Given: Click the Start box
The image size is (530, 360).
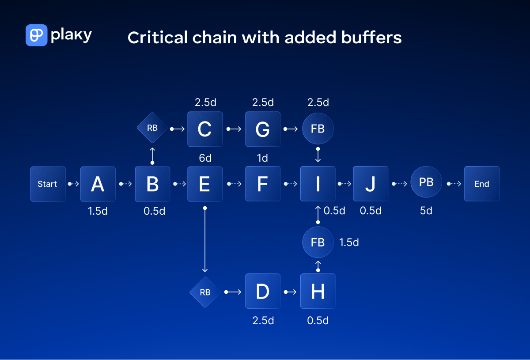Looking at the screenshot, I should (x=48, y=184).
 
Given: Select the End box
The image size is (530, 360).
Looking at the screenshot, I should (x=481, y=184).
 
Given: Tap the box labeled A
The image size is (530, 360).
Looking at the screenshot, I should (x=98, y=184).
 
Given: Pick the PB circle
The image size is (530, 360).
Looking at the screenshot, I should (x=426, y=182).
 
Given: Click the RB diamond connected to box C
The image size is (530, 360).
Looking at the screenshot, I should (x=152, y=129).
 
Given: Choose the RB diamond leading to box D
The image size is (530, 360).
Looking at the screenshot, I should (x=205, y=292).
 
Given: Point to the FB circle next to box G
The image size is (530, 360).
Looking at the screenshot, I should (x=318, y=129).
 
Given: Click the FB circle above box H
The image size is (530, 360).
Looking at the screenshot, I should (x=318, y=242).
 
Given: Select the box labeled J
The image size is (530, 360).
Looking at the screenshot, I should (x=371, y=184).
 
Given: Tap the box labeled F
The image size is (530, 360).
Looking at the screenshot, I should (x=262, y=184).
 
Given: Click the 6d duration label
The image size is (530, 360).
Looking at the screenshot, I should (x=205, y=158).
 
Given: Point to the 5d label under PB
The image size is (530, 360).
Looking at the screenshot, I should (x=426, y=211).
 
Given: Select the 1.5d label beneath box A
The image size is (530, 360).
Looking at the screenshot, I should (x=98, y=211).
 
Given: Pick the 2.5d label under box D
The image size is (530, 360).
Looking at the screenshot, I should (x=263, y=320).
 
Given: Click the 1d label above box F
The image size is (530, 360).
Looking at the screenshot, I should (x=262, y=158).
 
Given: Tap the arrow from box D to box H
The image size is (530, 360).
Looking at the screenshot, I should (x=290, y=292).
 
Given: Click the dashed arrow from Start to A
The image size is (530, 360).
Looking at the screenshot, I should (x=73, y=184).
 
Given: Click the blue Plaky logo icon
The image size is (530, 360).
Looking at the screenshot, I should (x=36, y=35).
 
